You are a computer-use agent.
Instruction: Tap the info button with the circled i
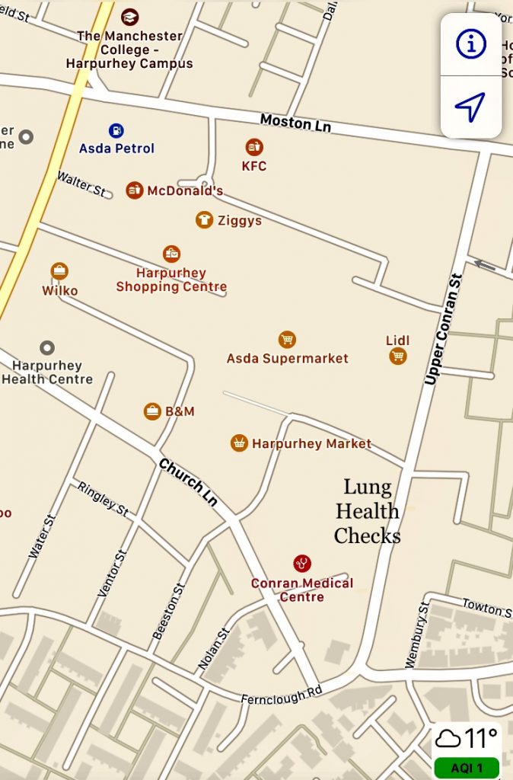471,44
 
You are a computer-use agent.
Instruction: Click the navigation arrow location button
470,107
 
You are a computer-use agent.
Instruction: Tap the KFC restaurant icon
254,147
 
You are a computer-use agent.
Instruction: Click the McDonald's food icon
135,190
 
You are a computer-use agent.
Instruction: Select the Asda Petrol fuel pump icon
116,131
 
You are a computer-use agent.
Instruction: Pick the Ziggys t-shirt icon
204,220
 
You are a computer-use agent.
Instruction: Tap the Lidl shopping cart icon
397,356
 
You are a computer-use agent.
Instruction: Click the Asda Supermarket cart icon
287,340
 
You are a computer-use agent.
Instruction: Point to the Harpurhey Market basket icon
240,443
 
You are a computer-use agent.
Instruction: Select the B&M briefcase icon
153,411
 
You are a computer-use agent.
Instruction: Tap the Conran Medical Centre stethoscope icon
302,564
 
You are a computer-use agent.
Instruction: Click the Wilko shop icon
59,271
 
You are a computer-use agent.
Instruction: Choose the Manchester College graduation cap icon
130,17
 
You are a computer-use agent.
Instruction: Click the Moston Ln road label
295,123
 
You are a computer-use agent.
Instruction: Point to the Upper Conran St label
444,329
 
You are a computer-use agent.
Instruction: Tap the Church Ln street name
188,481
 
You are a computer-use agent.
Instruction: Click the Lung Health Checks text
367,511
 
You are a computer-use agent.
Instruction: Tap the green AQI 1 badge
467,768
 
